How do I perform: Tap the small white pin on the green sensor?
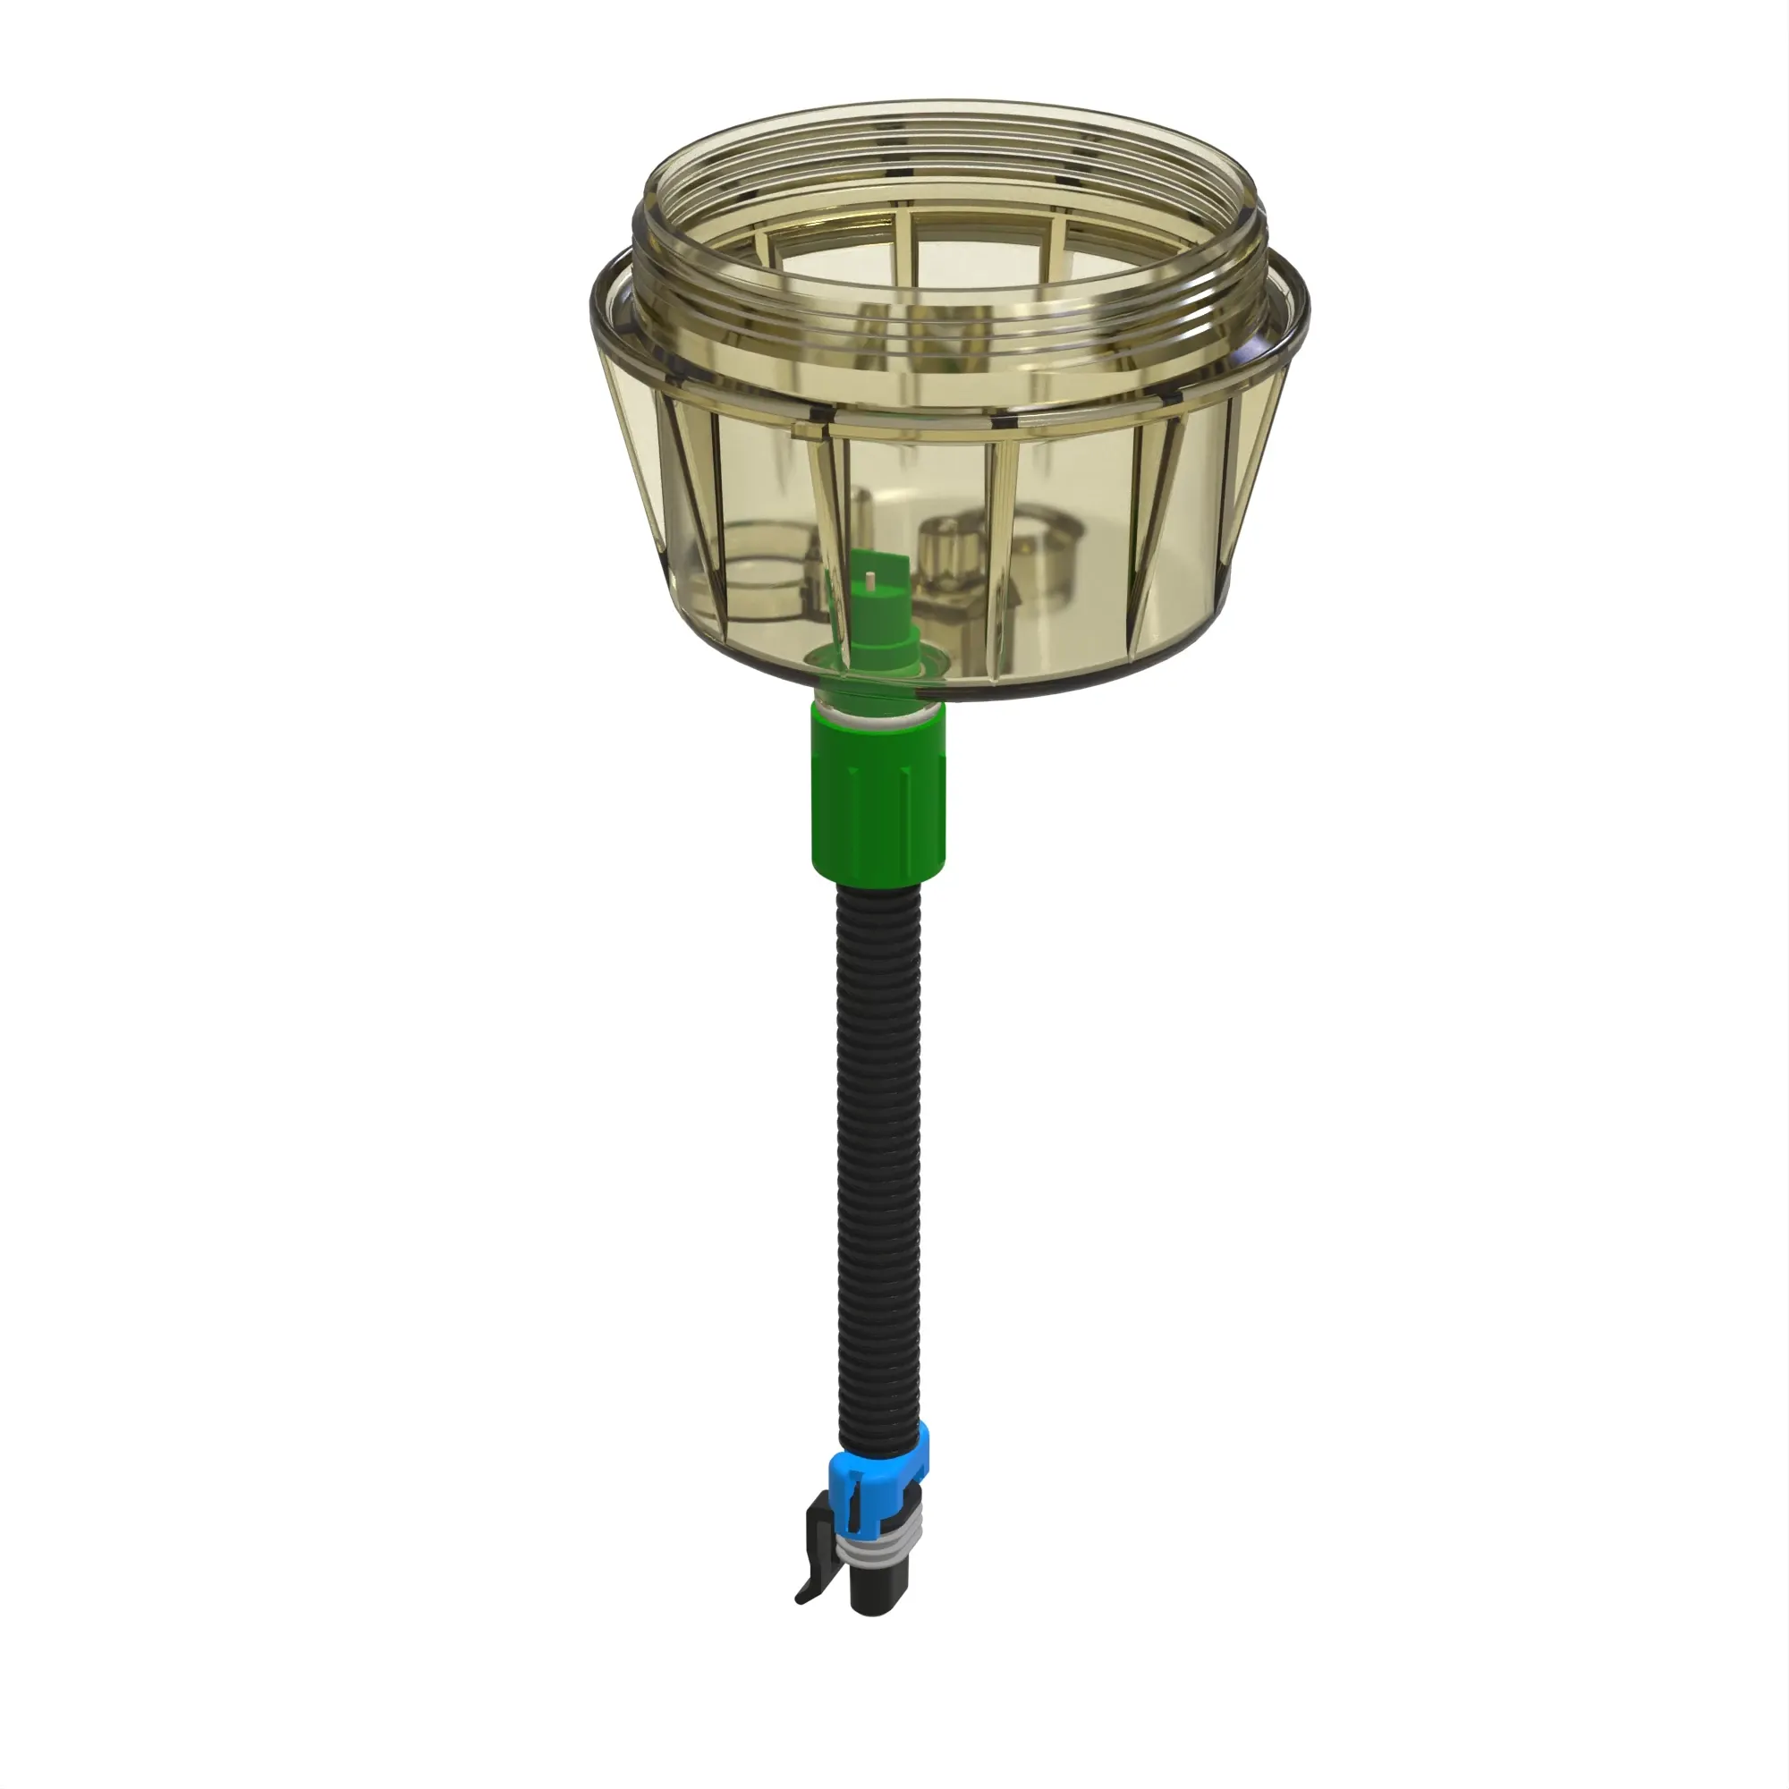pyautogui.click(x=871, y=581)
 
